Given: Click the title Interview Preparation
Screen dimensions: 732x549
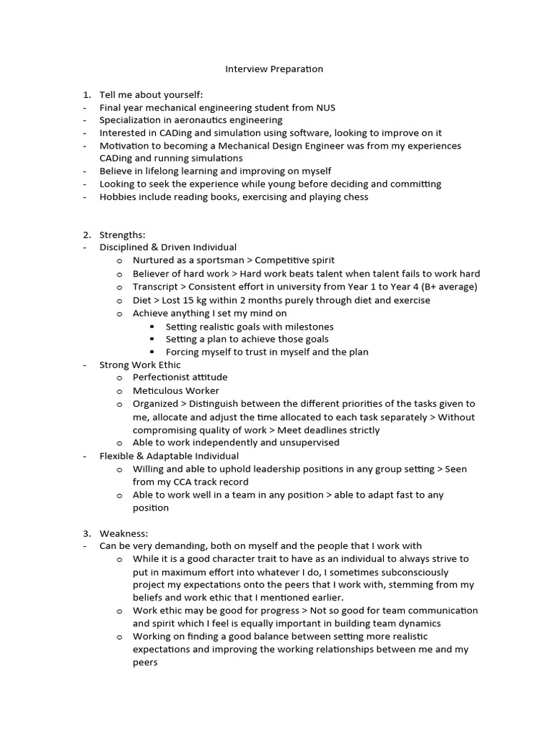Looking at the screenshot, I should [x=274, y=69].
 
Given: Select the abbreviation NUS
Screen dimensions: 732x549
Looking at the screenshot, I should [x=325, y=108].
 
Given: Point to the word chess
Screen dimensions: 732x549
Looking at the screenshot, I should [x=355, y=197].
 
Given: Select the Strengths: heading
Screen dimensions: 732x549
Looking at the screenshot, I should [x=122, y=234].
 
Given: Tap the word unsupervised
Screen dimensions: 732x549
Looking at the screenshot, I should [x=309, y=442].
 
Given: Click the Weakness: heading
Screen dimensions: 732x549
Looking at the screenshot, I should [x=124, y=533].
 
